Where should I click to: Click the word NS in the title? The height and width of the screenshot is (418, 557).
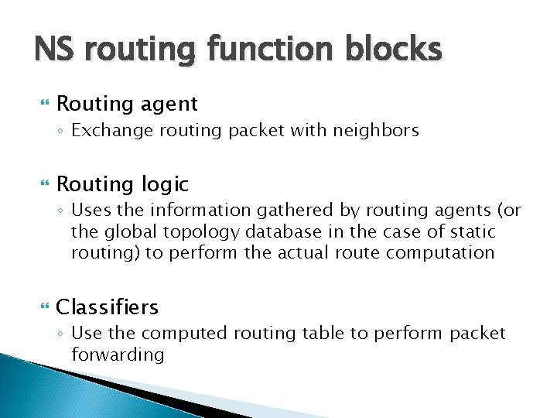point(56,50)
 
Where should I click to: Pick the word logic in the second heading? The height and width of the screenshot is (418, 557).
point(164,184)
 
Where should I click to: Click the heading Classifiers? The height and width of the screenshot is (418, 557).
point(108,307)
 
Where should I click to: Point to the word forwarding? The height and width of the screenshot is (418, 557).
point(118,355)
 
